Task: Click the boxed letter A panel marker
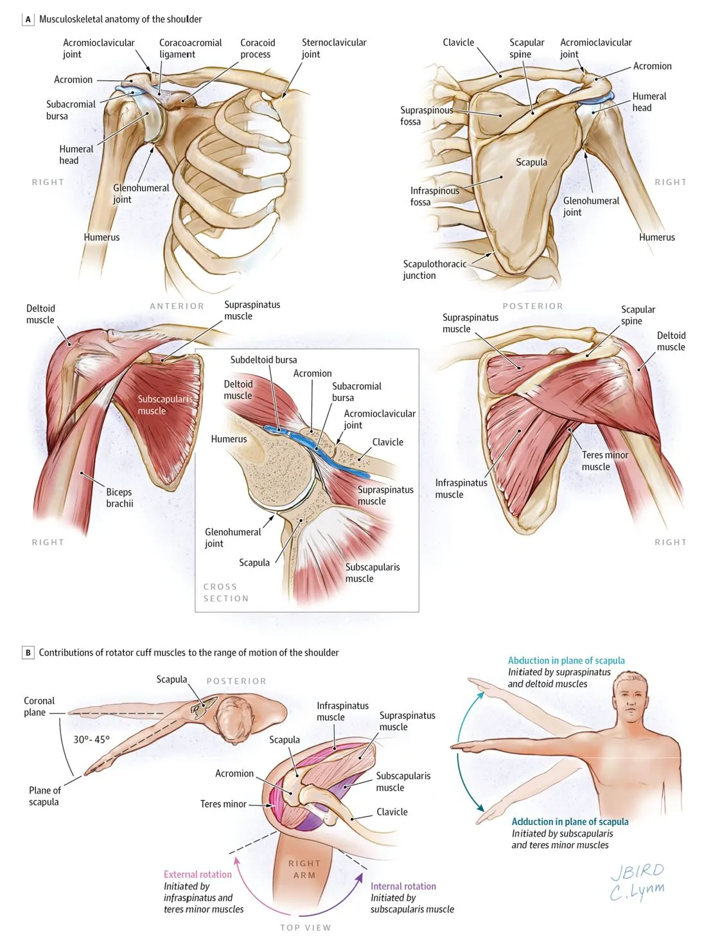(28, 19)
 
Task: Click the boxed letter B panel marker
(28, 653)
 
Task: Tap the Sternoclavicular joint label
(333, 48)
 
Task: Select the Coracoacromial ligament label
(190, 48)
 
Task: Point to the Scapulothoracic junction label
(434, 270)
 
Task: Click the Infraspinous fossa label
(434, 197)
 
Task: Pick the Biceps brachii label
(119, 498)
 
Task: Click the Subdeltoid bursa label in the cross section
(263, 360)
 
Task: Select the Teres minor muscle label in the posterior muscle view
(604, 461)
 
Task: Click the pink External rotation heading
(197, 874)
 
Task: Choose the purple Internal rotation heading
(403, 886)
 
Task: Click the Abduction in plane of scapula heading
(566, 661)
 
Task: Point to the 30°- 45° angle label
(91, 740)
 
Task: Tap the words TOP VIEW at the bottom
(305, 928)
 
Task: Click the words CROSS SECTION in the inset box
(225, 592)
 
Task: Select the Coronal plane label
(39, 707)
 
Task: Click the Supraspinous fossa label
(427, 116)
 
